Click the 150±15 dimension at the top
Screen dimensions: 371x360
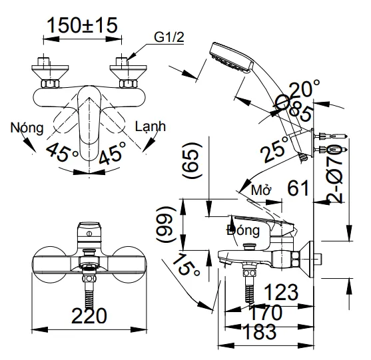(83, 25)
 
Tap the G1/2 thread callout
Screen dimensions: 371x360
(169, 37)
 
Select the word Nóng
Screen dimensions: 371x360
(27, 128)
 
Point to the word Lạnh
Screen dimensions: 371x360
(151, 126)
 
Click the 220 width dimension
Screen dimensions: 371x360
(89, 315)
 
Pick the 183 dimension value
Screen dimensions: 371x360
(260, 331)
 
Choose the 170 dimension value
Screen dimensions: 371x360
(266, 313)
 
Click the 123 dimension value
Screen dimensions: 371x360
(281, 292)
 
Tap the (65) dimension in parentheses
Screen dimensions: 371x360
(192, 160)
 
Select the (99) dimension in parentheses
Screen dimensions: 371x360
(166, 224)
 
